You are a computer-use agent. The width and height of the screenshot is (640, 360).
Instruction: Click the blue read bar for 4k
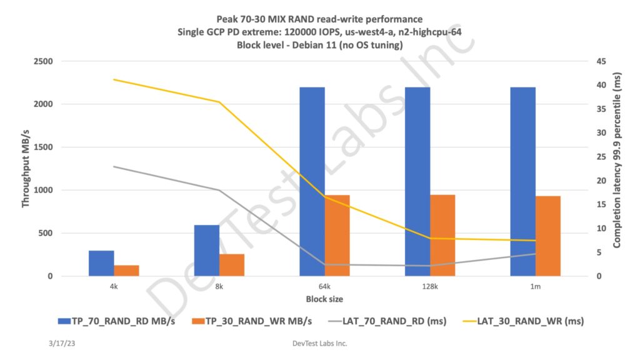[x=101, y=263]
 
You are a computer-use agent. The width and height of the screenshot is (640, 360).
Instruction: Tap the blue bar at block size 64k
[x=312, y=181]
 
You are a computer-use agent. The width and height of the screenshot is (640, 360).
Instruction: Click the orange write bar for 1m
[x=548, y=236]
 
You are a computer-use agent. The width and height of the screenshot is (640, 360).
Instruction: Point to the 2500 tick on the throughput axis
[x=44, y=61]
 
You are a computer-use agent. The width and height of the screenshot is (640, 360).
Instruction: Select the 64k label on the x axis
[x=324, y=287]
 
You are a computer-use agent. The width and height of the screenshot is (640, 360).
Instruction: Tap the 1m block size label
[x=536, y=287]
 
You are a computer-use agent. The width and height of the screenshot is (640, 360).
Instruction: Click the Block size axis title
[x=324, y=299]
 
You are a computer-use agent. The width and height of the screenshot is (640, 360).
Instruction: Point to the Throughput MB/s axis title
[x=26, y=169]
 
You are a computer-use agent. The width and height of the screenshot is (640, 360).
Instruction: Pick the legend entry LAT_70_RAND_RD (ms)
[x=392, y=321]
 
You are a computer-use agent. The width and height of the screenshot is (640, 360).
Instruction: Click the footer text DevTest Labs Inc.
[x=319, y=344]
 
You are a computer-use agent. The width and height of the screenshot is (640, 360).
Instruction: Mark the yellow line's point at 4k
[x=114, y=79]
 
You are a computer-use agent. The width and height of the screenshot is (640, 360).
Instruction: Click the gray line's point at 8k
[x=219, y=190]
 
